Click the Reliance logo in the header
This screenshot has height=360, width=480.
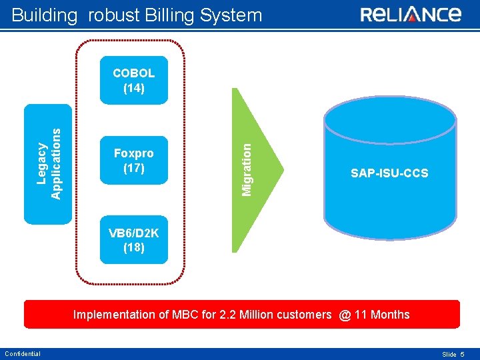pos(411,15)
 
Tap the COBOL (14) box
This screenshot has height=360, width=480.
pos(134,80)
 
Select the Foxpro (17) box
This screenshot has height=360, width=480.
pos(134,161)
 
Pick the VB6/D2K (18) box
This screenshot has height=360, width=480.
pos(134,241)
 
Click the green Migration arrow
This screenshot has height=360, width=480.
pos(257,170)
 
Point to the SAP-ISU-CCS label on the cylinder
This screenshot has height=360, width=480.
pos(389,173)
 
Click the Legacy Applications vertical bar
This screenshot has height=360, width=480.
pos(47,164)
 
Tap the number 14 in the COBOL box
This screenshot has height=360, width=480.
pos(134,87)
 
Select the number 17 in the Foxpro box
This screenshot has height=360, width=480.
pos(134,168)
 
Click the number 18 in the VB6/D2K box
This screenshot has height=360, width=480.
pos(134,248)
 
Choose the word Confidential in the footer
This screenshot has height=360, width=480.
pos(22,354)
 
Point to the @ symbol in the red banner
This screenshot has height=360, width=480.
pos(345,315)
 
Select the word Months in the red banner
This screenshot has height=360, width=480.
pos(389,315)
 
